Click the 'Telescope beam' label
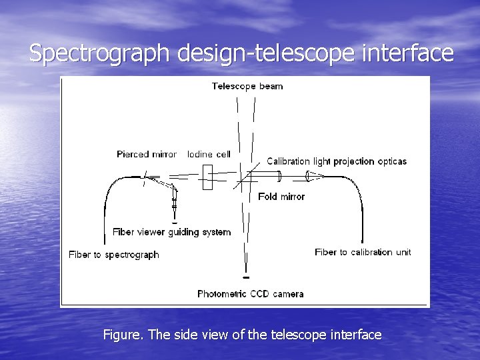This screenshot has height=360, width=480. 247,86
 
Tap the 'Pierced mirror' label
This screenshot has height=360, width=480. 146,154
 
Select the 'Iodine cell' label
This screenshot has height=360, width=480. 209,154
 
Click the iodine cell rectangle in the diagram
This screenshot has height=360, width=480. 207,177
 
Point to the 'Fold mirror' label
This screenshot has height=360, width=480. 281,197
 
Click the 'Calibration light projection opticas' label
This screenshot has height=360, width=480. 336,161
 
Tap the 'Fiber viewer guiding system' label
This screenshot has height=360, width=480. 171,232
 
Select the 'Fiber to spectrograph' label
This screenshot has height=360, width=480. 114,255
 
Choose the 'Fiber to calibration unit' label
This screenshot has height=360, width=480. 363,252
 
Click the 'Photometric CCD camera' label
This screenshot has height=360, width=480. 250,293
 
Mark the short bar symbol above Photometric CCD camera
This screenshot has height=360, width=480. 245,277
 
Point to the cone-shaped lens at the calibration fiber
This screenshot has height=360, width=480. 313,177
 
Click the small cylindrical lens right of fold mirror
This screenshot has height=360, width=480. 279,176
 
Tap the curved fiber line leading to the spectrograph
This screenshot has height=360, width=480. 109,200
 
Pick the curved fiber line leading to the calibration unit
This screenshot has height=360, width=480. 359,200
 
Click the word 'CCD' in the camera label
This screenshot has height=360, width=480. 259,293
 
